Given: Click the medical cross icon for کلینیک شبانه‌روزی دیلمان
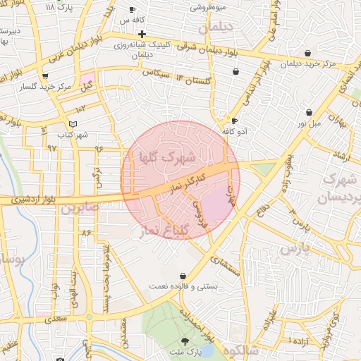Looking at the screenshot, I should click(x=142, y=34).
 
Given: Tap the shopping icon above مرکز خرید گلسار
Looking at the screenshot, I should click(x=46, y=75).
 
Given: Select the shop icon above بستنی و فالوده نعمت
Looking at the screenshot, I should click(x=183, y=275).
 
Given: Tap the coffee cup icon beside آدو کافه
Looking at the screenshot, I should click(x=235, y=121).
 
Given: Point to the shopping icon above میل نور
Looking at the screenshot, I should click(x=310, y=113).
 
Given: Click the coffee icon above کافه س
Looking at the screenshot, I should click(x=133, y=10).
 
